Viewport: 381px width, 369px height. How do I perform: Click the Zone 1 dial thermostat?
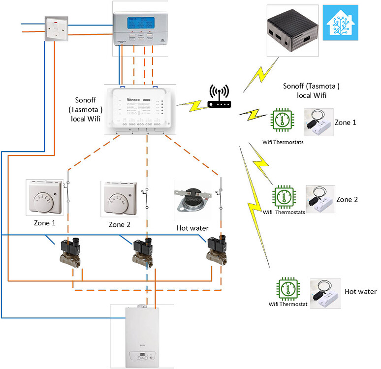45,198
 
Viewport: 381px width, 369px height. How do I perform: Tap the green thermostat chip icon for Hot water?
287,290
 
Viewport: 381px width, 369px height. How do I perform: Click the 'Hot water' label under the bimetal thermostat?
192,228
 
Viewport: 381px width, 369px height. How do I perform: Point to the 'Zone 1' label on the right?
345,122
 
